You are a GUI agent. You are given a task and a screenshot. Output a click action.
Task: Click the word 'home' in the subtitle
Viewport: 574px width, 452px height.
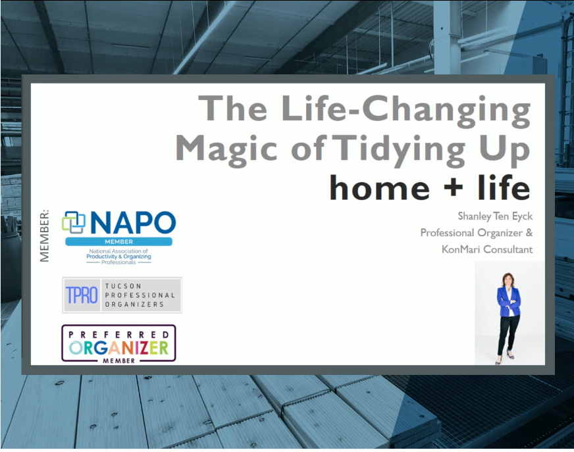pos(380,187)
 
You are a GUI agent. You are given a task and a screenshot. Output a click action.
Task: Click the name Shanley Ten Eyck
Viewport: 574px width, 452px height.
pos(495,216)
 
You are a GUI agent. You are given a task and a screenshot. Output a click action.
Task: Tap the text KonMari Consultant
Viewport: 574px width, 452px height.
pos(487,249)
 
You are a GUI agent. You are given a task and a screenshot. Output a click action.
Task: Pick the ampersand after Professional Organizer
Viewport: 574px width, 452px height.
pos(529,232)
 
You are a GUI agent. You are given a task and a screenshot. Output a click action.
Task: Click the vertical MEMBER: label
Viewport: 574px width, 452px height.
pos(44,236)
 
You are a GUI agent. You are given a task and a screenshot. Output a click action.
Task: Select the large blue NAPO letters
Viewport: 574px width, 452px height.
pos(133,222)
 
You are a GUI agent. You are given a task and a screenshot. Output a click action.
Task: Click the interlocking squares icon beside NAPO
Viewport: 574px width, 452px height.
pos(74,222)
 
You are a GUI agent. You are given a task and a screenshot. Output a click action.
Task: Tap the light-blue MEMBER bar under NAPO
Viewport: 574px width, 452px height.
pos(118,241)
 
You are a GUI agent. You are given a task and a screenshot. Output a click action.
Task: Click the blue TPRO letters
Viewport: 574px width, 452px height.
pos(82,295)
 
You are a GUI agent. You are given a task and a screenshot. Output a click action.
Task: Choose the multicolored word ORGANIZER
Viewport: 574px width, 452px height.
pos(118,347)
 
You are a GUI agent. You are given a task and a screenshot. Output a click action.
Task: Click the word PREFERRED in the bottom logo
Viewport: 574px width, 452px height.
pos(118,334)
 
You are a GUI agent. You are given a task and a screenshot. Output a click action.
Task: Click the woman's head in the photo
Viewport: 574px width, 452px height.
pos(508,280)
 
